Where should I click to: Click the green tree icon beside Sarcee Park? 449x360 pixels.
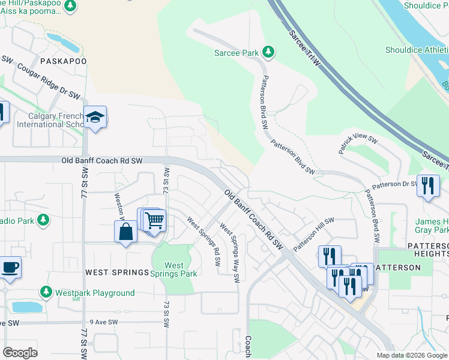pyautogui.click(x=270, y=53)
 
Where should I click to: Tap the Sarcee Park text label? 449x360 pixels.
pyautogui.click(x=237, y=53)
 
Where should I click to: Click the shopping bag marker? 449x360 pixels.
pyautogui.click(x=125, y=231)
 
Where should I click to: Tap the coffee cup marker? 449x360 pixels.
pyautogui.click(x=10, y=267)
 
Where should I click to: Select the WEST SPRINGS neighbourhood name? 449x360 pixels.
pyautogui.click(x=116, y=272)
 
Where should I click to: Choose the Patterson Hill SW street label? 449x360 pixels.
pyautogui.click(x=313, y=235)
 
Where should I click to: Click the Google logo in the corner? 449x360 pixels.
pyautogui.click(x=20, y=353)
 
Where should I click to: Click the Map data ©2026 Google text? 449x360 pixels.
pyautogui.click(x=411, y=355)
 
